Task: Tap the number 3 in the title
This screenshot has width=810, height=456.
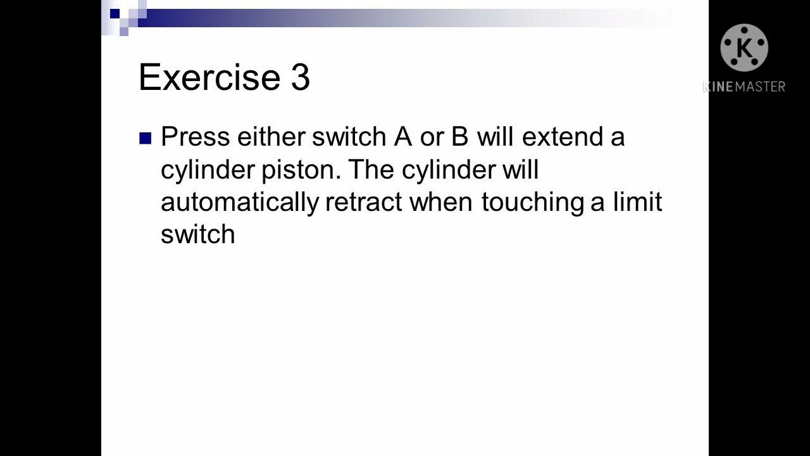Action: pyautogui.click(x=301, y=77)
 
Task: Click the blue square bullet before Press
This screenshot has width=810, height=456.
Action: pyautogui.click(x=146, y=138)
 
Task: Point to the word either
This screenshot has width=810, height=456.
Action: pyautogui.click(x=270, y=137)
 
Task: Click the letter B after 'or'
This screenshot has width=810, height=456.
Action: pyautogui.click(x=459, y=137)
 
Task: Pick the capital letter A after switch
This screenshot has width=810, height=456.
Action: pyautogui.click(x=402, y=137)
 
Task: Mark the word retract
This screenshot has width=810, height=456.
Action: pyautogui.click(x=363, y=202)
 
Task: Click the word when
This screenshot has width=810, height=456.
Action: pyautogui.click(x=440, y=202)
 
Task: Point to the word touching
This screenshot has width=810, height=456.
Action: pyautogui.click(x=532, y=203)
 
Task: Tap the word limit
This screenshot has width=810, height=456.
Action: pyautogui.click(x=637, y=201)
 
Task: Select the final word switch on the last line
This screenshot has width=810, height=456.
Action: pyautogui.click(x=197, y=234)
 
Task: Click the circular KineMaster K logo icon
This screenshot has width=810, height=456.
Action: pyautogui.click(x=744, y=48)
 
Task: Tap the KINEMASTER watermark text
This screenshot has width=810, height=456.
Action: pyautogui.click(x=744, y=87)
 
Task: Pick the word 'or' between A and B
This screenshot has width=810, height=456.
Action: pyautogui.click(x=432, y=137)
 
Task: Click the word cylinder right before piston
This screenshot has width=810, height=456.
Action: pyautogui.click(x=207, y=170)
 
